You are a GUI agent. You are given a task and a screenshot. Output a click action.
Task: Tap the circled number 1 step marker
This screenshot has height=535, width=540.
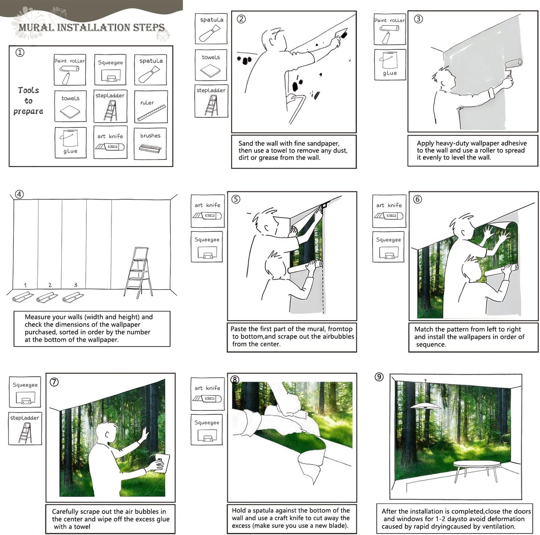point(20,52)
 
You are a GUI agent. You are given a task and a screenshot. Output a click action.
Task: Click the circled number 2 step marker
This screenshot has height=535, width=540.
point(241,19)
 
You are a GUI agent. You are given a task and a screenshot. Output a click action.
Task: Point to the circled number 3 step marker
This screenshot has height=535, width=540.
point(418,19)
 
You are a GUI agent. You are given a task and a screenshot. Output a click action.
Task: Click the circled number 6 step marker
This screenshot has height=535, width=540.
point(417,199)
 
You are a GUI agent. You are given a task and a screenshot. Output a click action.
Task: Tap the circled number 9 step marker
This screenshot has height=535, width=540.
point(379,377)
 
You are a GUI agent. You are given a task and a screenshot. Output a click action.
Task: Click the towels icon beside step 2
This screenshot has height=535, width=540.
point(211,70)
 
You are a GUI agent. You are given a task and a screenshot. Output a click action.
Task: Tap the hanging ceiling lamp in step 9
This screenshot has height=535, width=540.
point(425,405)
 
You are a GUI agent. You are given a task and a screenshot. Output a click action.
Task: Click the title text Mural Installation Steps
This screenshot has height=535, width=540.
point(92,27)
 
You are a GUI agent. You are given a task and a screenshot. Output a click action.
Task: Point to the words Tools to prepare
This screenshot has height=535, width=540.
point(28,101)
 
